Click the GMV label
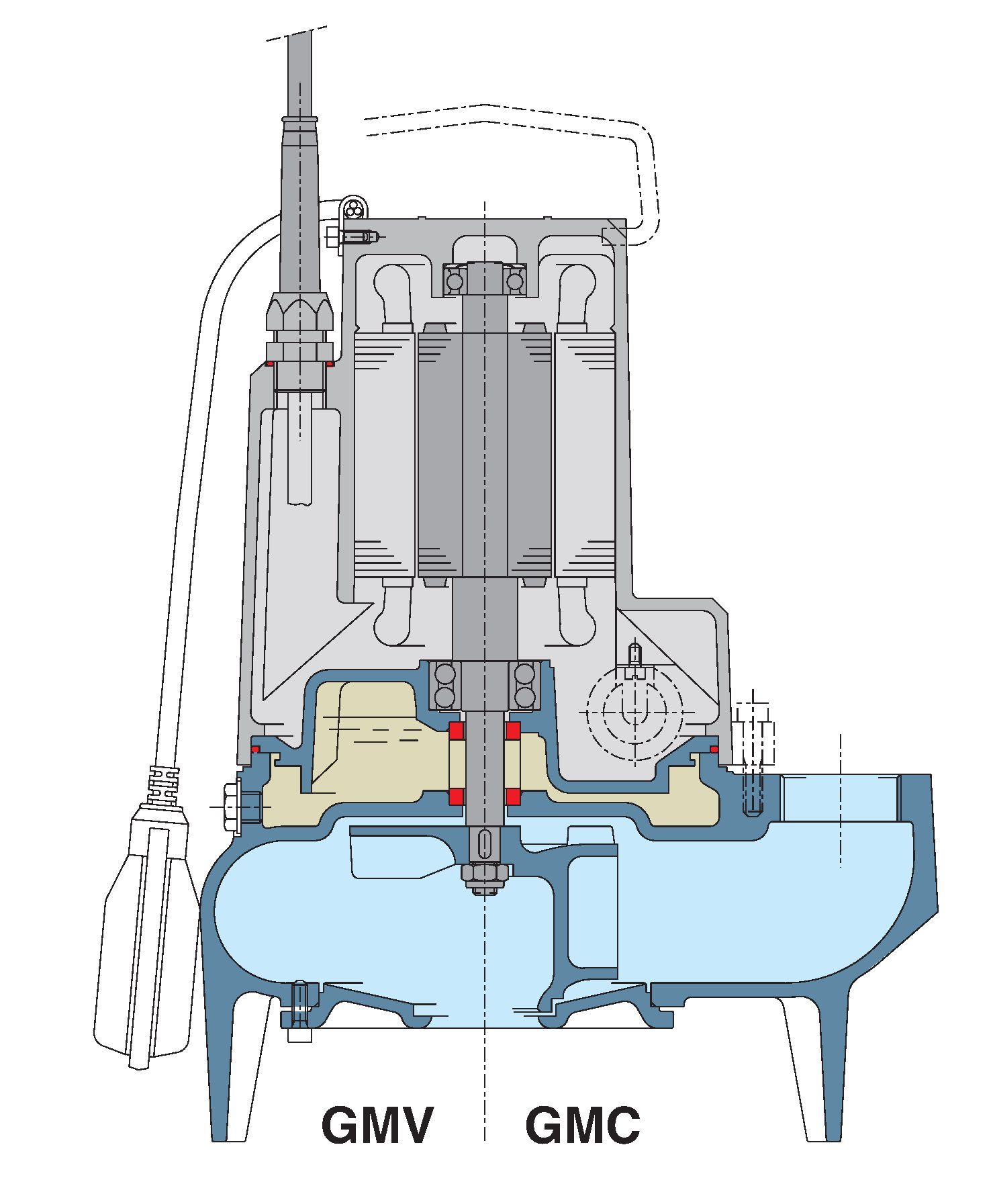377,1125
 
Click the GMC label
583,1125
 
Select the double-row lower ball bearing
484,686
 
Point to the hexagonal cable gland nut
299,310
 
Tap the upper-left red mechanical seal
457,729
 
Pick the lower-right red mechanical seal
514,796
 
